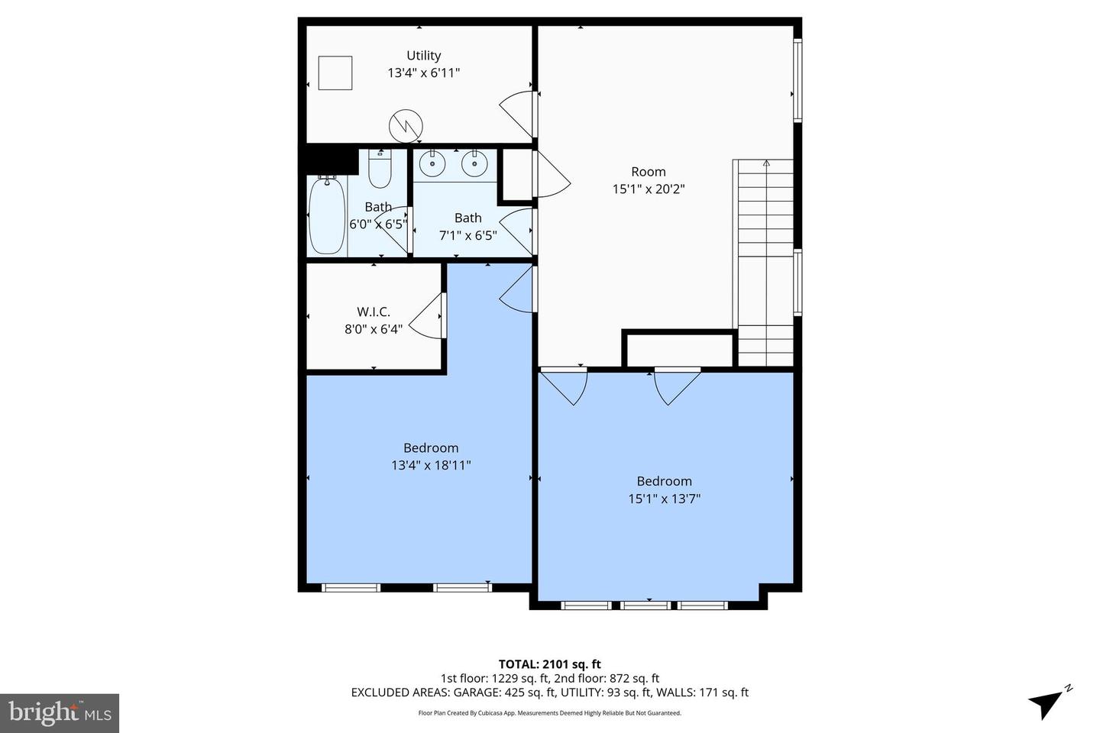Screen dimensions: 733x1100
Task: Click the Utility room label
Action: coord(423,56)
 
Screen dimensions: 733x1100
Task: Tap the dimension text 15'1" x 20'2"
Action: coord(648,189)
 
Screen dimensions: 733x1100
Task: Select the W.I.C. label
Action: coord(374,312)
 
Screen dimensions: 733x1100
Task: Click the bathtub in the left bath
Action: coord(327,215)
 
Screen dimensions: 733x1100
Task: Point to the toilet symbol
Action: coord(380,168)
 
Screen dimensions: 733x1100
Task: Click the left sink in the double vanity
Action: coord(433,163)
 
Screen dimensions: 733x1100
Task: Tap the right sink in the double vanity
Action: coord(474,163)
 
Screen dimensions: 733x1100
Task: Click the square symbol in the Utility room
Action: coord(335,73)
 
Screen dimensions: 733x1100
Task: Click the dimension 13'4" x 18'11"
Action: coord(431,465)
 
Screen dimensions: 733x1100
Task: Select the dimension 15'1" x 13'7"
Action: coord(664,499)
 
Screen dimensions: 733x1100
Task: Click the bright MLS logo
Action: coord(59,713)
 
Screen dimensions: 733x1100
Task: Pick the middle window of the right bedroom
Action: coord(645,605)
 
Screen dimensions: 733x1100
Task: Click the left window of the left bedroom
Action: coord(351,588)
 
